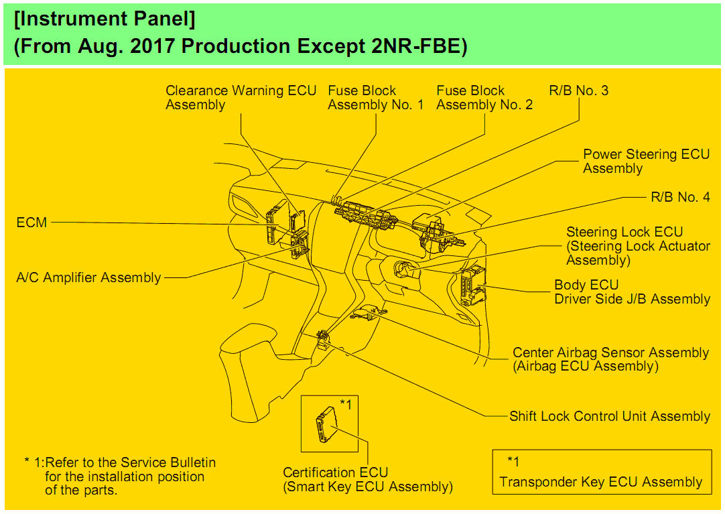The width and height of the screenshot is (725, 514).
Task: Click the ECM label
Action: [x=31, y=222]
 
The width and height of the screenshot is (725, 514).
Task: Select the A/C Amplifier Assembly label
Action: [x=88, y=277]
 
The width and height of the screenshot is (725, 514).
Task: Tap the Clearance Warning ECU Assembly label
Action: [x=241, y=98]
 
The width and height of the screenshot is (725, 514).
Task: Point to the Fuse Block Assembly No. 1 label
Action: [x=375, y=98]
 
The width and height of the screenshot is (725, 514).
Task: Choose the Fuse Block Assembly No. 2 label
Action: [x=484, y=98]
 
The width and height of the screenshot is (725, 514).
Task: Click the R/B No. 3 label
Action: [x=578, y=90]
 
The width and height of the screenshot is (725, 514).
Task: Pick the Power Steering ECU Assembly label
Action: [x=646, y=162]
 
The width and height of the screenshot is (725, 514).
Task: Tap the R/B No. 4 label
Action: [x=680, y=197]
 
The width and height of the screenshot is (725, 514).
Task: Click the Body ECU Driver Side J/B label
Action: [x=632, y=292]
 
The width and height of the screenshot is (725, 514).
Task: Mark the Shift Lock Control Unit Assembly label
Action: [x=610, y=416]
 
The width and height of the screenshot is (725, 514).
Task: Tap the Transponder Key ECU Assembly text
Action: [x=601, y=482]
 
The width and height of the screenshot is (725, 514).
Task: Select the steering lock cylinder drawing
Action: [x=405, y=271]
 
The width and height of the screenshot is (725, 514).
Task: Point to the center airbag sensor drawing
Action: [x=368, y=312]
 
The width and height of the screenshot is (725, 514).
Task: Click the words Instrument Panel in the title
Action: [x=105, y=20]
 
